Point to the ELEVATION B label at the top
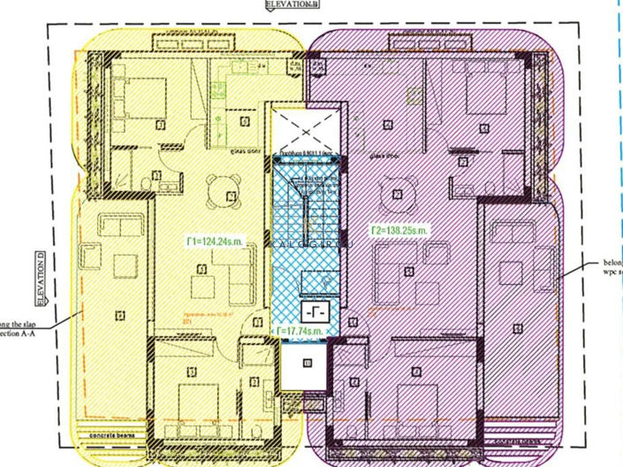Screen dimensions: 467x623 [293, 4]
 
